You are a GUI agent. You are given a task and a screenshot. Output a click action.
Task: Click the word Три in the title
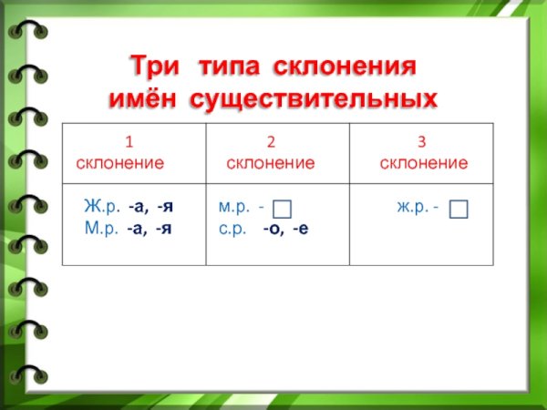click(x=151, y=67)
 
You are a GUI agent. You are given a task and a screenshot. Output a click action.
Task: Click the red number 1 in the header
click(x=129, y=142)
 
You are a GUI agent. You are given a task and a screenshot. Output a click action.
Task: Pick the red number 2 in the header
click(x=270, y=142)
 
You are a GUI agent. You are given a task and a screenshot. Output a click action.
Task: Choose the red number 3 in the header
click(x=422, y=142)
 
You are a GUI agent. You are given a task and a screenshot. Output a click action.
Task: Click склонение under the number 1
click(x=120, y=163)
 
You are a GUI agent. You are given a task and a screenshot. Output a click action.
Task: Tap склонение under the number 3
click(x=423, y=163)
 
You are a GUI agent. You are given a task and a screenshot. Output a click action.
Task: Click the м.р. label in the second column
click(x=235, y=208)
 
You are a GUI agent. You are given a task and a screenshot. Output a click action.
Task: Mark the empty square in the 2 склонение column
click(x=283, y=210)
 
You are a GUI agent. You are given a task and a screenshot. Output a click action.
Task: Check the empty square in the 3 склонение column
click(x=459, y=210)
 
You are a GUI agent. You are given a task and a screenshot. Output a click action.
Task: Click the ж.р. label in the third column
click(x=413, y=208)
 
